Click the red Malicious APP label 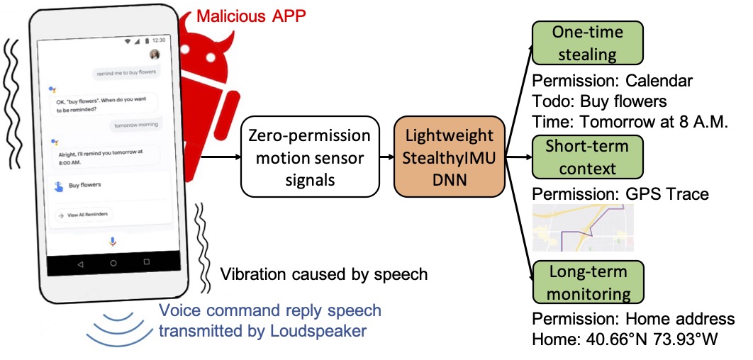[x=251, y=16]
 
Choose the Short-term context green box [x=587, y=158]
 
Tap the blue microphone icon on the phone [x=113, y=242]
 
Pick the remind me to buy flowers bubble [x=127, y=72]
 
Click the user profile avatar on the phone [x=155, y=55]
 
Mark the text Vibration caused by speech [x=324, y=274]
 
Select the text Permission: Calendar [x=612, y=81]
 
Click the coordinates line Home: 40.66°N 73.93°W [x=625, y=339]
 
